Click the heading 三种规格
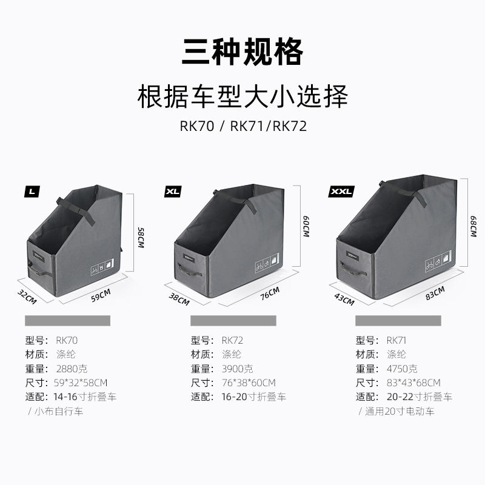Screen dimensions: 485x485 coord(242,52)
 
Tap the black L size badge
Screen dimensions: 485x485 coord(32,192)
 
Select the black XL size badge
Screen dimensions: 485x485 coord(173,192)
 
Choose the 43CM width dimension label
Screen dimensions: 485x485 coord(344,299)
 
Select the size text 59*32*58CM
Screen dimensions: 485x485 coord(81,383)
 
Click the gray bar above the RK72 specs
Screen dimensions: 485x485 coord(233,321)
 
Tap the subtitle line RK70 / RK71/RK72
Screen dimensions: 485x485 coord(242,127)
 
